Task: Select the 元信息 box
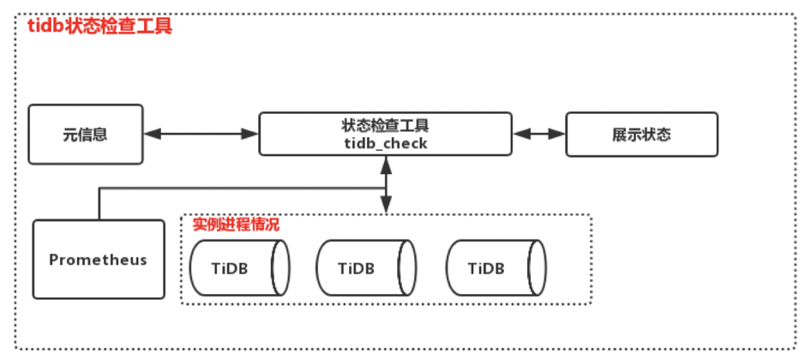[x=86, y=135]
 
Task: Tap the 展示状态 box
[x=640, y=135]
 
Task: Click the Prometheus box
[x=99, y=259]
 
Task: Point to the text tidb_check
[x=385, y=144]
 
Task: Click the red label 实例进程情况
[x=236, y=225]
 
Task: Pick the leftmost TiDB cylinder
[x=239, y=267]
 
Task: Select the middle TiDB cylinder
[x=366, y=267]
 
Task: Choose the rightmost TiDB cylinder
[x=496, y=267]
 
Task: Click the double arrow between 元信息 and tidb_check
[x=201, y=134]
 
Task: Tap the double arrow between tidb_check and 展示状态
[x=539, y=134]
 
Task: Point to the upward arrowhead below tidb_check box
[x=386, y=164]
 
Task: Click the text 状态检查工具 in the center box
[x=385, y=126]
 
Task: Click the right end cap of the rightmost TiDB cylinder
[x=537, y=267]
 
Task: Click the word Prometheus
[x=98, y=260]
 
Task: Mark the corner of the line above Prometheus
[x=99, y=191]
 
